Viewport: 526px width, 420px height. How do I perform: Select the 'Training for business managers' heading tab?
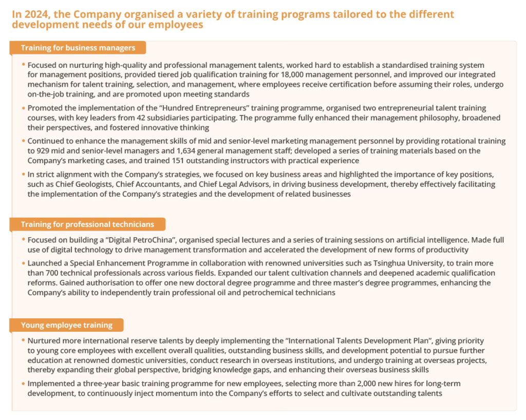(x=78, y=48)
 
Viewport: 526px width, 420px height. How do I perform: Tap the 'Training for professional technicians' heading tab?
(x=87, y=224)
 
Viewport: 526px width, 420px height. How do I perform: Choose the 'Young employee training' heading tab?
(x=66, y=325)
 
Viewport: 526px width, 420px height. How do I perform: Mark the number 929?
(x=44, y=150)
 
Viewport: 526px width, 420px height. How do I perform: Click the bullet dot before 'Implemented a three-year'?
(x=23, y=384)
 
